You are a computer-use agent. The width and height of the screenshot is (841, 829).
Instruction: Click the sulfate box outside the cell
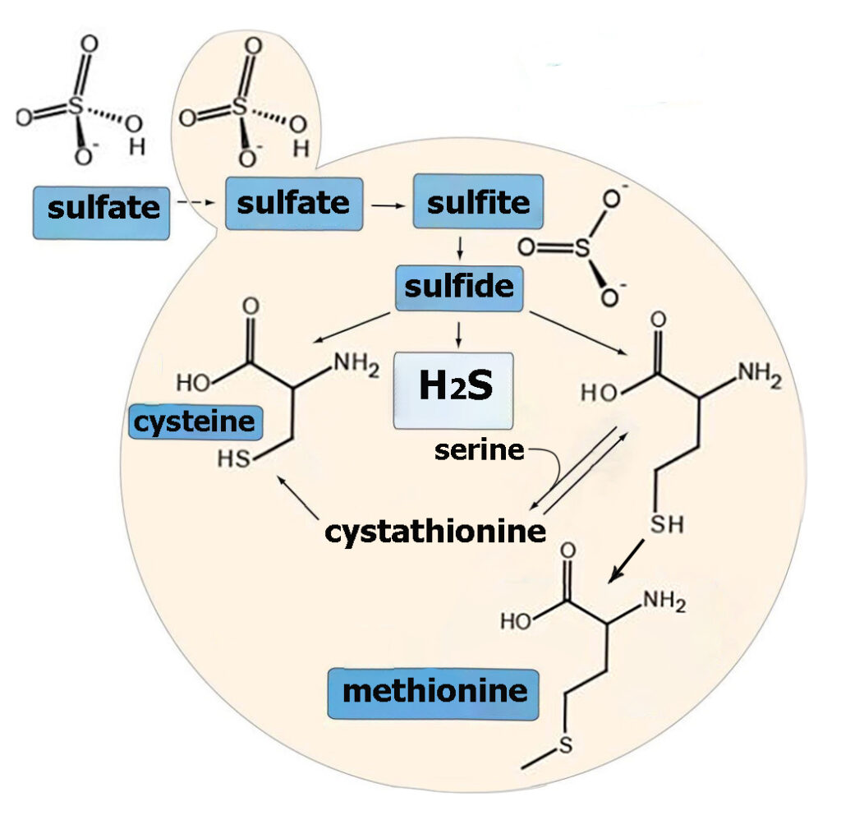click(x=101, y=213)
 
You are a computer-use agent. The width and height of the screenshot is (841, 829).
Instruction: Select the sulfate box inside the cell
click(x=294, y=204)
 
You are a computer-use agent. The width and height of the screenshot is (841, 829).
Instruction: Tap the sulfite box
click(x=478, y=202)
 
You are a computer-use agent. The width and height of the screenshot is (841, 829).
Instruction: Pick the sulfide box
click(x=459, y=288)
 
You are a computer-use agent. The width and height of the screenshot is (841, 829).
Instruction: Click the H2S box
click(x=453, y=390)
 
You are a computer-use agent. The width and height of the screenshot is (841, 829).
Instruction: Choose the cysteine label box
click(x=195, y=422)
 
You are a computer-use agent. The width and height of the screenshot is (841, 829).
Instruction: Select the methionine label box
click(x=434, y=693)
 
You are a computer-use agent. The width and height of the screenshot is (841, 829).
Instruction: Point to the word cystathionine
click(x=435, y=532)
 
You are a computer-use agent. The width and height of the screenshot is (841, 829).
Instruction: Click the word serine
click(x=479, y=450)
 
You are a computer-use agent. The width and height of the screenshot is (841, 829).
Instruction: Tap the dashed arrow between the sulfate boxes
click(x=195, y=202)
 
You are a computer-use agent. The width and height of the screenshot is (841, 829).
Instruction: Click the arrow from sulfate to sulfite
click(x=388, y=205)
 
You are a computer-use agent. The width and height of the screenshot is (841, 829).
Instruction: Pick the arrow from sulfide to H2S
click(x=458, y=335)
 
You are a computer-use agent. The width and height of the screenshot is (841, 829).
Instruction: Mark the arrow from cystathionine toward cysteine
click(x=297, y=497)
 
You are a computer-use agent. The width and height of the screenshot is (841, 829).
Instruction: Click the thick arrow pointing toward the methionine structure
click(x=626, y=561)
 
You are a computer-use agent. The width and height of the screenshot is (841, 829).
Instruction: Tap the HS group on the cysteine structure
click(x=234, y=459)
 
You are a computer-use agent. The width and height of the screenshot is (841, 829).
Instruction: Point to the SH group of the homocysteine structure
click(x=667, y=524)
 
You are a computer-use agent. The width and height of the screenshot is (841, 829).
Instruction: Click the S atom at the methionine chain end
click(x=566, y=744)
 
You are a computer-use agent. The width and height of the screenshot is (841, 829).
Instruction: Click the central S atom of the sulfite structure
click(x=582, y=248)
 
